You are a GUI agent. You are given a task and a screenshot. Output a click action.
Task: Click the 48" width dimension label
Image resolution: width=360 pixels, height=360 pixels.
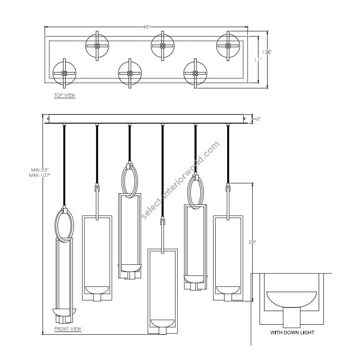pos(146,27)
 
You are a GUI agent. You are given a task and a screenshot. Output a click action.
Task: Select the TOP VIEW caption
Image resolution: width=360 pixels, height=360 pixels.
pos(64,95)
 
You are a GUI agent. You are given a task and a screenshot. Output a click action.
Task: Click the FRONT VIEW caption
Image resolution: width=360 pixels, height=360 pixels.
pos(68,329)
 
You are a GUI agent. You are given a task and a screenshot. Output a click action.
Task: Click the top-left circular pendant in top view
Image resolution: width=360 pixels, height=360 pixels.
pos(97,46)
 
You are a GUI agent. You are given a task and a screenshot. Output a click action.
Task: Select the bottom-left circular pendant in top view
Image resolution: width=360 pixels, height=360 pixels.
pos(64,74)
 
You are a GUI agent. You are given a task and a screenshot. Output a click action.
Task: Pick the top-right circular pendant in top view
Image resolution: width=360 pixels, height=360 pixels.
pos(228,46)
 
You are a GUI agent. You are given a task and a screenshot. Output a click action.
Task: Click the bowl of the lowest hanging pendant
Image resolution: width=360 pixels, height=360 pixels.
pos(162,322)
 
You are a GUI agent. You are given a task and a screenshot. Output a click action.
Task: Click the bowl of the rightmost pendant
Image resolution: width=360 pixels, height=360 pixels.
pos(228,289)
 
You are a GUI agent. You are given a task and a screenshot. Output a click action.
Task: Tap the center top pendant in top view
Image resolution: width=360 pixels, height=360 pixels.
pos(162,46)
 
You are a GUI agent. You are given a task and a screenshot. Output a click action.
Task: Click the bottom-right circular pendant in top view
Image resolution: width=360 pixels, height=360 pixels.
pos(195,74)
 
